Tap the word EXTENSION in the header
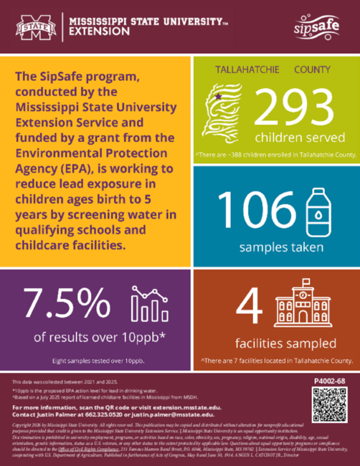pyautogui.click(x=100, y=32)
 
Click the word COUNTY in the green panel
pyautogui.click(x=312, y=70)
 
